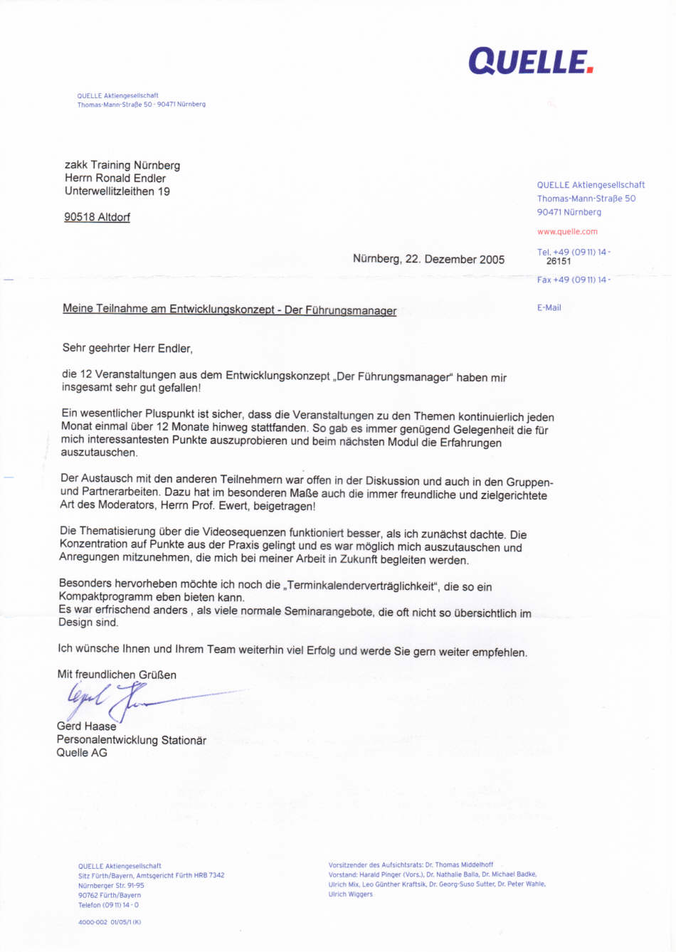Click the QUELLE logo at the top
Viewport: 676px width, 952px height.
click(x=530, y=62)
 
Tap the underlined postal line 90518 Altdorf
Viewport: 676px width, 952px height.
click(x=97, y=217)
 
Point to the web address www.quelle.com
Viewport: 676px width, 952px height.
click(x=567, y=232)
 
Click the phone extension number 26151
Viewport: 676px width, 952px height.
click(x=559, y=261)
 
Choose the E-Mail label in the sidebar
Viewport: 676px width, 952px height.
click(x=549, y=308)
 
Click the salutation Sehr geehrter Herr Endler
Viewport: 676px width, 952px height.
click(x=127, y=349)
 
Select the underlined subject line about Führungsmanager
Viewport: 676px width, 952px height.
click(x=229, y=310)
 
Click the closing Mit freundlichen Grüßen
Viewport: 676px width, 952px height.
click(x=117, y=675)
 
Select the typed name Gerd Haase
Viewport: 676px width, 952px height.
click(x=86, y=726)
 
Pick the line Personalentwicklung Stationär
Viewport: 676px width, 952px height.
click(x=132, y=740)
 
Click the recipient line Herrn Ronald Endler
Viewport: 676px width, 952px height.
click(x=115, y=179)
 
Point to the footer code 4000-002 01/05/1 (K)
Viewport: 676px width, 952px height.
click(x=110, y=922)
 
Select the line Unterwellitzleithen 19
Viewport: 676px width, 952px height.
click(x=117, y=191)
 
